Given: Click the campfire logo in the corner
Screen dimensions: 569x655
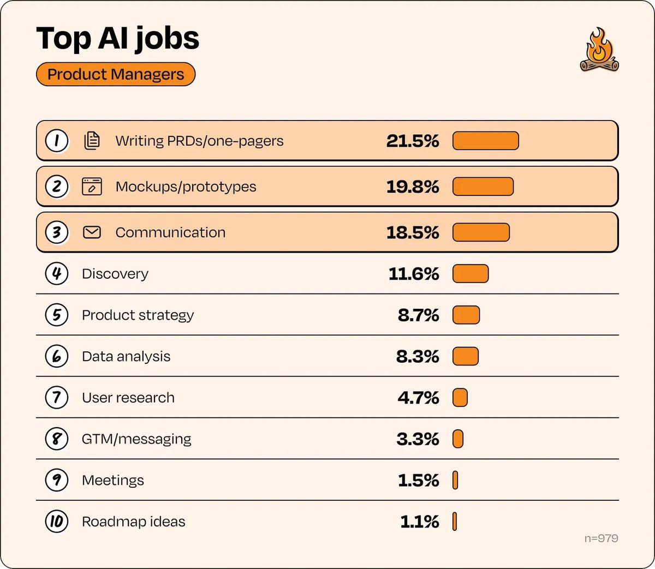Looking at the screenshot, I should point(599,50).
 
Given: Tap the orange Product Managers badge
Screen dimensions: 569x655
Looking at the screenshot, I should point(116,75).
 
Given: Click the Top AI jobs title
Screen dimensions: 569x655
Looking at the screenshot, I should point(118,39).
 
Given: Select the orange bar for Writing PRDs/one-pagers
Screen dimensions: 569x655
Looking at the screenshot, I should point(485,141).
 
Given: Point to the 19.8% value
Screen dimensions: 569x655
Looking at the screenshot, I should point(413,187).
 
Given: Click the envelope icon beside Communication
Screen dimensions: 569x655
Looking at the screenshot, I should point(92,232).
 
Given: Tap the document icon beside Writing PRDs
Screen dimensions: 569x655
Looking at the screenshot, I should point(92,141).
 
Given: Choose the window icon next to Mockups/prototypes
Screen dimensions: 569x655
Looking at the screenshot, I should point(92,187).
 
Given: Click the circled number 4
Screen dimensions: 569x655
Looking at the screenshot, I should point(57,273).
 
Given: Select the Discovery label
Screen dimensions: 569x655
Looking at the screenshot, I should point(115,274).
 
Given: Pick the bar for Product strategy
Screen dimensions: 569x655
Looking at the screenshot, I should point(466,315).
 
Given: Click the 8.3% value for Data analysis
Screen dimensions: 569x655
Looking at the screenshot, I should point(418,357).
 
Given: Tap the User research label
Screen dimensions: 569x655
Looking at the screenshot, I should point(128,398).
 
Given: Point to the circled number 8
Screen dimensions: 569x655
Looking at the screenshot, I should point(57,439).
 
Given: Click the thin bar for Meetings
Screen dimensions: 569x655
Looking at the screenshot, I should point(455,480).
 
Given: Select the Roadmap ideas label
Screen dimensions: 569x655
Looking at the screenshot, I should point(134,522).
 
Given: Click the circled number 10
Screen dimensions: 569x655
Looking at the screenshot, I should point(57,522).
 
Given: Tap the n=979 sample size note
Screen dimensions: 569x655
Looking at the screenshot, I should point(601,538).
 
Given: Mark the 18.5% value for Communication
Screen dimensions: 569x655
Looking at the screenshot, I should point(413,232).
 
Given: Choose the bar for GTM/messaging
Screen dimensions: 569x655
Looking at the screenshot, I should point(458,439).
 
